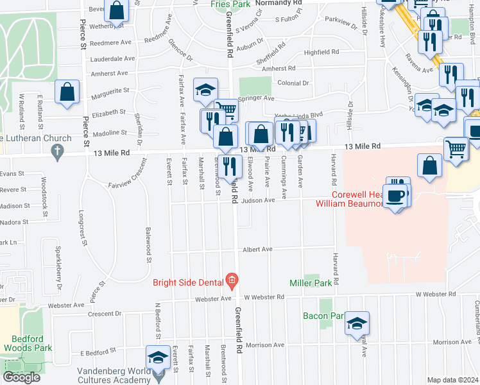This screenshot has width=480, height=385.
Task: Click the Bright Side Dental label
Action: [188, 282]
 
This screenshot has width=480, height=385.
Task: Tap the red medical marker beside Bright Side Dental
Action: [232, 281]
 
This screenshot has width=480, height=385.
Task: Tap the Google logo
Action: [21, 377]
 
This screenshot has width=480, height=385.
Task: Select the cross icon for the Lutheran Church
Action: [58, 151]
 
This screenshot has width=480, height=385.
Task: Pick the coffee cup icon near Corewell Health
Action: [397, 194]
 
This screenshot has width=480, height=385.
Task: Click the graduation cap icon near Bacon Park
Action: [357, 323]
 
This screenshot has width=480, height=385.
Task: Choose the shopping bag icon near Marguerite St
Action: [67, 92]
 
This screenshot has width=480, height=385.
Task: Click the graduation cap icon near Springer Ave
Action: [205, 90]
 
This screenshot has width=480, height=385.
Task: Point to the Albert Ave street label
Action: [257, 249]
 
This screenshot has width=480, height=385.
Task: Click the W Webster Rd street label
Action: [264, 297]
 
